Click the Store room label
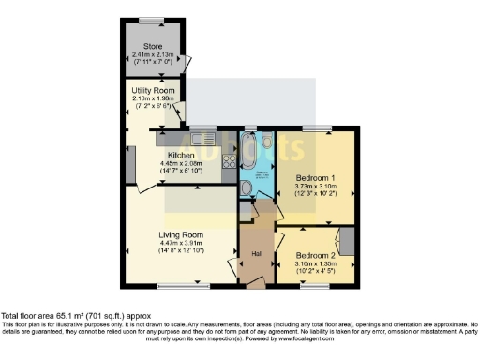tap(153, 46)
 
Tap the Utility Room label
tap(153, 91)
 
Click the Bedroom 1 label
tap(316, 177)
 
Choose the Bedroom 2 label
tap(314, 254)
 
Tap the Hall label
tap(254, 254)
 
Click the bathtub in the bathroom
tap(248, 153)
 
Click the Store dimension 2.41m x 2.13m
tap(153, 55)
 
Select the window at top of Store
tap(151, 20)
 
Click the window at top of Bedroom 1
tap(317, 127)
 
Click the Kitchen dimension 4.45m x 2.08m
tap(180, 164)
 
